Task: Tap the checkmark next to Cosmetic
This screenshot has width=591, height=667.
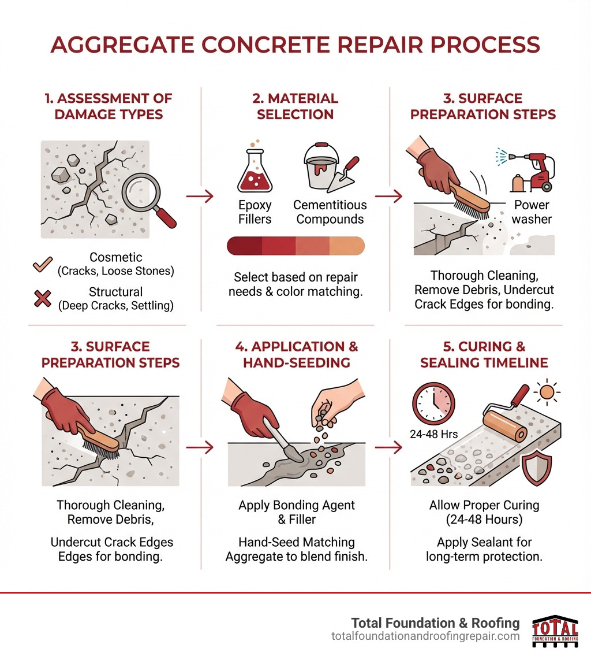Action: click(43, 264)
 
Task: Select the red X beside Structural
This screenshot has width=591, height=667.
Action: click(43, 298)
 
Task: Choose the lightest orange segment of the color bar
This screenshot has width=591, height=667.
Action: click(347, 246)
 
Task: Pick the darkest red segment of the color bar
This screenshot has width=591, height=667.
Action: click(245, 246)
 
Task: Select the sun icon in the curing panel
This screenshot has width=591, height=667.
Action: click(545, 393)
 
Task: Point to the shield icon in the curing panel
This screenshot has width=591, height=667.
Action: click(536, 467)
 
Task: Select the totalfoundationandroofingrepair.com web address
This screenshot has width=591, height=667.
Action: click(425, 636)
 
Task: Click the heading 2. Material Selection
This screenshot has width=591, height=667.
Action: click(295, 106)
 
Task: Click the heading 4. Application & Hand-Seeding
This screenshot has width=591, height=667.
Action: click(295, 354)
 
